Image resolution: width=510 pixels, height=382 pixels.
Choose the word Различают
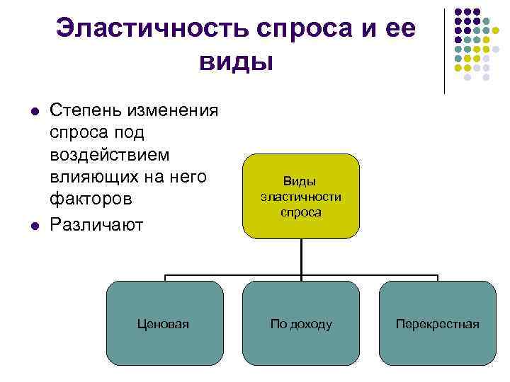coord(97,226)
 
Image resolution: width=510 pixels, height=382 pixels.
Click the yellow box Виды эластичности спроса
coord(301,196)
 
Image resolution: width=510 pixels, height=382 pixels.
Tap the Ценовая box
coord(164,323)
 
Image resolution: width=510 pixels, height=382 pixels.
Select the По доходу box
coord(301,323)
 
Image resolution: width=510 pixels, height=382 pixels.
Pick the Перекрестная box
coord(437,323)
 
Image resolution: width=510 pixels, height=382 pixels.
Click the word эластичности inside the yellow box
coord(301,196)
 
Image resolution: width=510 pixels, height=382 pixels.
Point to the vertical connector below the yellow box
coord(302,255)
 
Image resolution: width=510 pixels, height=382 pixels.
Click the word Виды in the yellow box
coord(301,181)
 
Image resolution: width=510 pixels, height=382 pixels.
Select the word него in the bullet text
coord(196,178)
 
